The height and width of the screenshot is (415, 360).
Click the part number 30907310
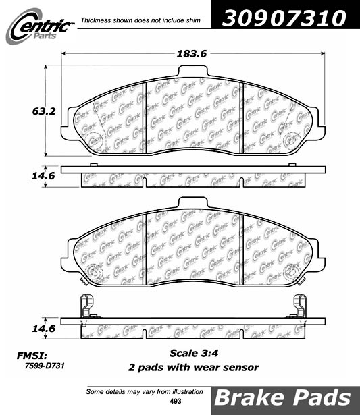coord(284,18)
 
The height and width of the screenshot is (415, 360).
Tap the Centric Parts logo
coord(40,26)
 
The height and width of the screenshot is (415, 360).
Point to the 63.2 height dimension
coord(44,111)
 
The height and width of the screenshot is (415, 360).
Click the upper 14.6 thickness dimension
coord(43,176)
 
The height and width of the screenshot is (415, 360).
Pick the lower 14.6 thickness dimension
coord(44,329)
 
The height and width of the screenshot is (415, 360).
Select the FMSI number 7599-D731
coord(45,366)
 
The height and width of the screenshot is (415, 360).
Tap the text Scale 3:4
coord(194,353)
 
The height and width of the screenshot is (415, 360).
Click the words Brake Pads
coord(282,398)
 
